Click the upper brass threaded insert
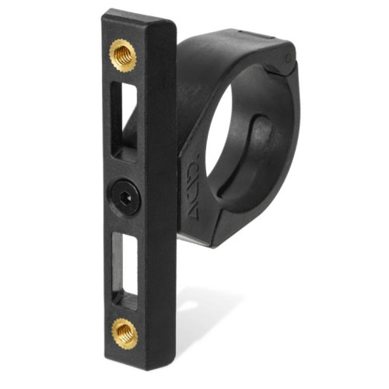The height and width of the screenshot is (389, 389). pos(123,55)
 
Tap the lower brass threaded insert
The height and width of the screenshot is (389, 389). pos(124,333)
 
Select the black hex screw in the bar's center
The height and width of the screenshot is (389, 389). pos(125,195)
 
